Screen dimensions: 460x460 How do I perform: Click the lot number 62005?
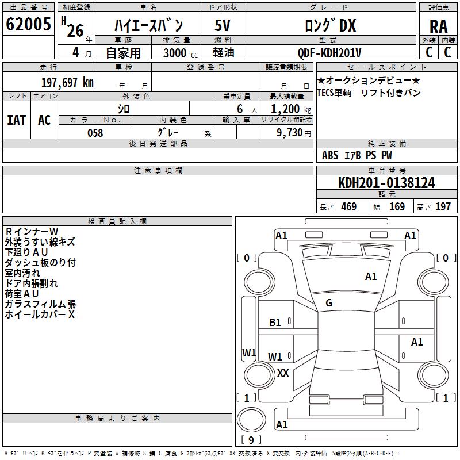[28, 25]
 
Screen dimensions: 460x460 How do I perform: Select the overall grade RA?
[438, 26]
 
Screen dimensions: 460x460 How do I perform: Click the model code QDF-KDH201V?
[330, 53]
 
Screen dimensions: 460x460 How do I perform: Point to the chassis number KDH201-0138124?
[386, 183]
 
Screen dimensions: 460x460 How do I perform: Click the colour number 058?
[95, 133]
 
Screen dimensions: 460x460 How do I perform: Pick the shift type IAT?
[16, 120]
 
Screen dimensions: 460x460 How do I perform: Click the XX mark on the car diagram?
[283, 373]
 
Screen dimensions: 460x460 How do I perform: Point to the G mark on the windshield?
[329, 303]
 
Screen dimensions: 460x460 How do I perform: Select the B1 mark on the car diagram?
[275, 323]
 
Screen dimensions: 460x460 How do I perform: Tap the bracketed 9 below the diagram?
[251, 440]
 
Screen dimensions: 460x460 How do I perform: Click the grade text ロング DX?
[330, 26]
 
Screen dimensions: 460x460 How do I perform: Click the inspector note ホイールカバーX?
[40, 315]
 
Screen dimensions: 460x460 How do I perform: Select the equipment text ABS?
[330, 155]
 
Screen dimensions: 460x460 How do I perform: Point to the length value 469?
[348, 207]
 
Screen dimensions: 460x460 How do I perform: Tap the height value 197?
[443, 207]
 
